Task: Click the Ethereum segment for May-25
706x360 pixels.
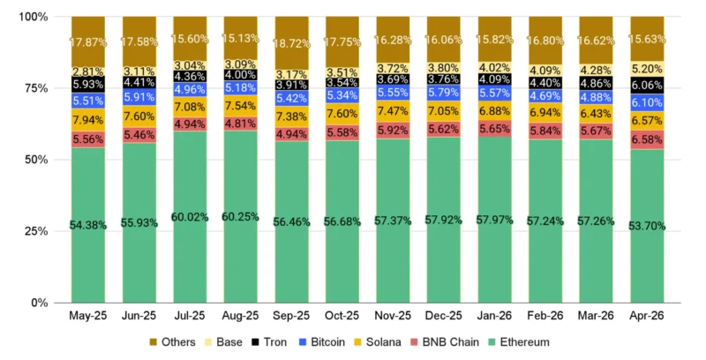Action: click(x=88, y=225)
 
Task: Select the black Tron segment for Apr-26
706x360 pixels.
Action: click(x=647, y=85)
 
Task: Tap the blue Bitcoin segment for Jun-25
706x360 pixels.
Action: click(x=139, y=97)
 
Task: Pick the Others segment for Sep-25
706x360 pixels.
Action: click(x=292, y=43)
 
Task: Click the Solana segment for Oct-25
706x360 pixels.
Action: click(x=342, y=114)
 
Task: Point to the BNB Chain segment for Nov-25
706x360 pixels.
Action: click(x=393, y=130)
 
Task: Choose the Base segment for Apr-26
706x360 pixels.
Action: click(x=647, y=69)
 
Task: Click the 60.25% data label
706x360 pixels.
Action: click(x=240, y=217)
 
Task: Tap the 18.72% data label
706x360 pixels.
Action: click(x=292, y=43)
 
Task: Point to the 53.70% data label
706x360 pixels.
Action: click(x=647, y=226)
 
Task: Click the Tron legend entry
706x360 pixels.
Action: click(x=269, y=342)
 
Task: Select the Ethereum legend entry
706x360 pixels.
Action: click(x=519, y=342)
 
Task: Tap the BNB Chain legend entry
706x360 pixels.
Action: click(x=445, y=342)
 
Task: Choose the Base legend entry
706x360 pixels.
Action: click(x=224, y=342)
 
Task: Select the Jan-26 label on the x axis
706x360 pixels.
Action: click(x=494, y=316)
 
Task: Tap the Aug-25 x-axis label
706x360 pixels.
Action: click(x=240, y=316)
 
